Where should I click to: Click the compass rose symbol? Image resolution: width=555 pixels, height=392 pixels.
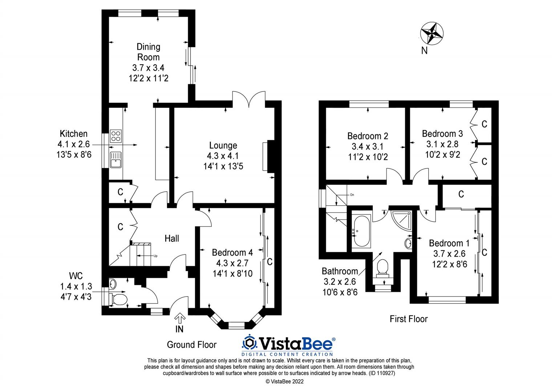point(432,33)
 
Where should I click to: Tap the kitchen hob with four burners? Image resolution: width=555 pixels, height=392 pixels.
point(116,136)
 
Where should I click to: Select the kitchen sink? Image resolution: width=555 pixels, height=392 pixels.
point(116,160)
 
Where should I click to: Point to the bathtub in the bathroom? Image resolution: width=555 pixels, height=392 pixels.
point(360,231)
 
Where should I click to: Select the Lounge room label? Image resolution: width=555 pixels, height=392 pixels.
point(223,146)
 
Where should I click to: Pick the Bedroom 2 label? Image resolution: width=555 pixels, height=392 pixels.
point(368,136)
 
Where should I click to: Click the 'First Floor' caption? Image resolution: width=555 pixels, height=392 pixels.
point(409,319)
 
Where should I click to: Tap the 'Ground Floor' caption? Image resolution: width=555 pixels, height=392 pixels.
point(191,345)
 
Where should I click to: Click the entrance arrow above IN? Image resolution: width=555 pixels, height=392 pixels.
point(179,318)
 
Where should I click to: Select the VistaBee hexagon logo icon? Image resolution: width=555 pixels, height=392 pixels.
point(249,343)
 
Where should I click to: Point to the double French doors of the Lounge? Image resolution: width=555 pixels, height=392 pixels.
point(249,99)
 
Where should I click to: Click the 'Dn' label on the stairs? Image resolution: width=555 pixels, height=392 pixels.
point(352,195)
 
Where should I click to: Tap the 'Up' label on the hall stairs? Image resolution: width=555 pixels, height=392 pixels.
point(155,256)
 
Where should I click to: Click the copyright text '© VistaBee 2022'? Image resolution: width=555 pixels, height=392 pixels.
point(284,381)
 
